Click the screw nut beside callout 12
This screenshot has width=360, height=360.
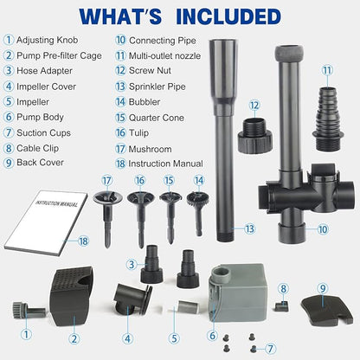254,134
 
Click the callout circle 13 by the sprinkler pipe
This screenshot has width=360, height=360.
248,229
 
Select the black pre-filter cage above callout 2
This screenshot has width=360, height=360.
76,289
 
